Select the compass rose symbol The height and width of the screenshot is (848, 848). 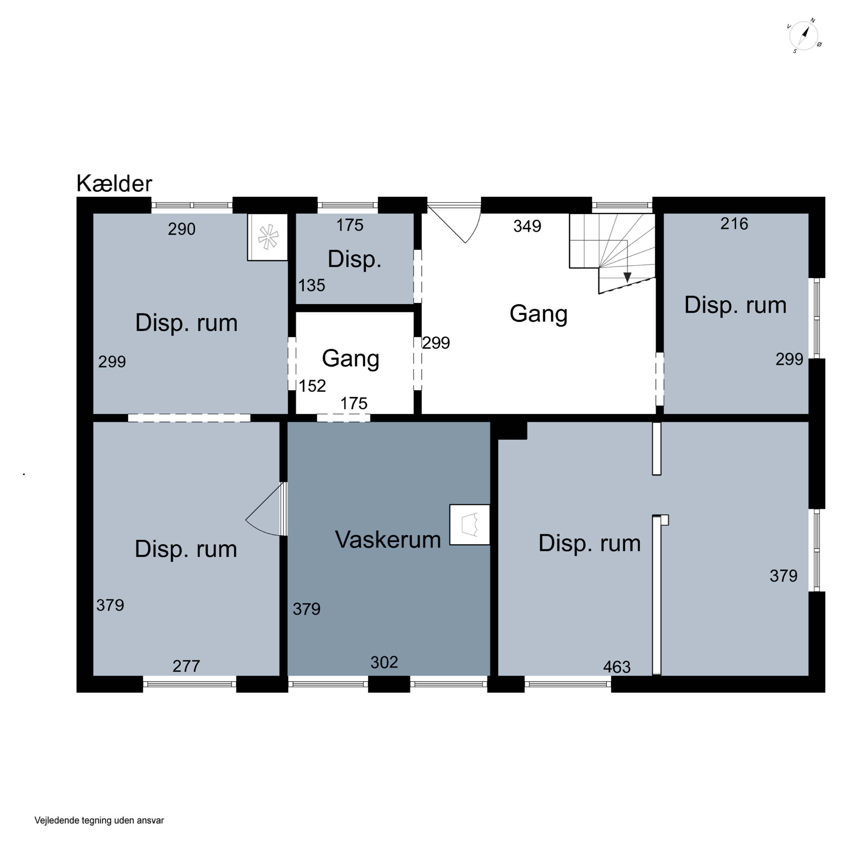[x=804, y=36]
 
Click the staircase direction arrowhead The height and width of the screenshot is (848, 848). [x=627, y=277]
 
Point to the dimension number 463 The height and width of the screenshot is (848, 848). [x=617, y=667]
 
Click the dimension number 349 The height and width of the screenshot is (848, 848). [x=527, y=226]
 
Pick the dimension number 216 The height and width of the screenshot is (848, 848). [x=734, y=224]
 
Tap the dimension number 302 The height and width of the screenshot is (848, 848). [x=384, y=662]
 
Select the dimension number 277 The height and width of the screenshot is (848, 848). [x=186, y=666]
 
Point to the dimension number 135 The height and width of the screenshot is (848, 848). [x=311, y=285]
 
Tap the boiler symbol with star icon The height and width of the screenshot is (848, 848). [x=268, y=237]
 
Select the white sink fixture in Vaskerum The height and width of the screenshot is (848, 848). [x=470, y=525]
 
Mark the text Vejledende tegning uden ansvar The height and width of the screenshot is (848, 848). [x=99, y=820]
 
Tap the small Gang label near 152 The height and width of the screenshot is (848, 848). [x=351, y=359]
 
